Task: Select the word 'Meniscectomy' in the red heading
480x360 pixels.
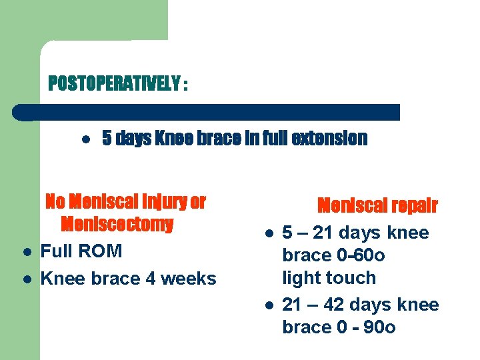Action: click(x=117, y=224)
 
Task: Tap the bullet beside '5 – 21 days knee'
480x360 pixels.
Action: click(x=267, y=234)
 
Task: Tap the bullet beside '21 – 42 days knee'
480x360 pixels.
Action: click(x=267, y=306)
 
